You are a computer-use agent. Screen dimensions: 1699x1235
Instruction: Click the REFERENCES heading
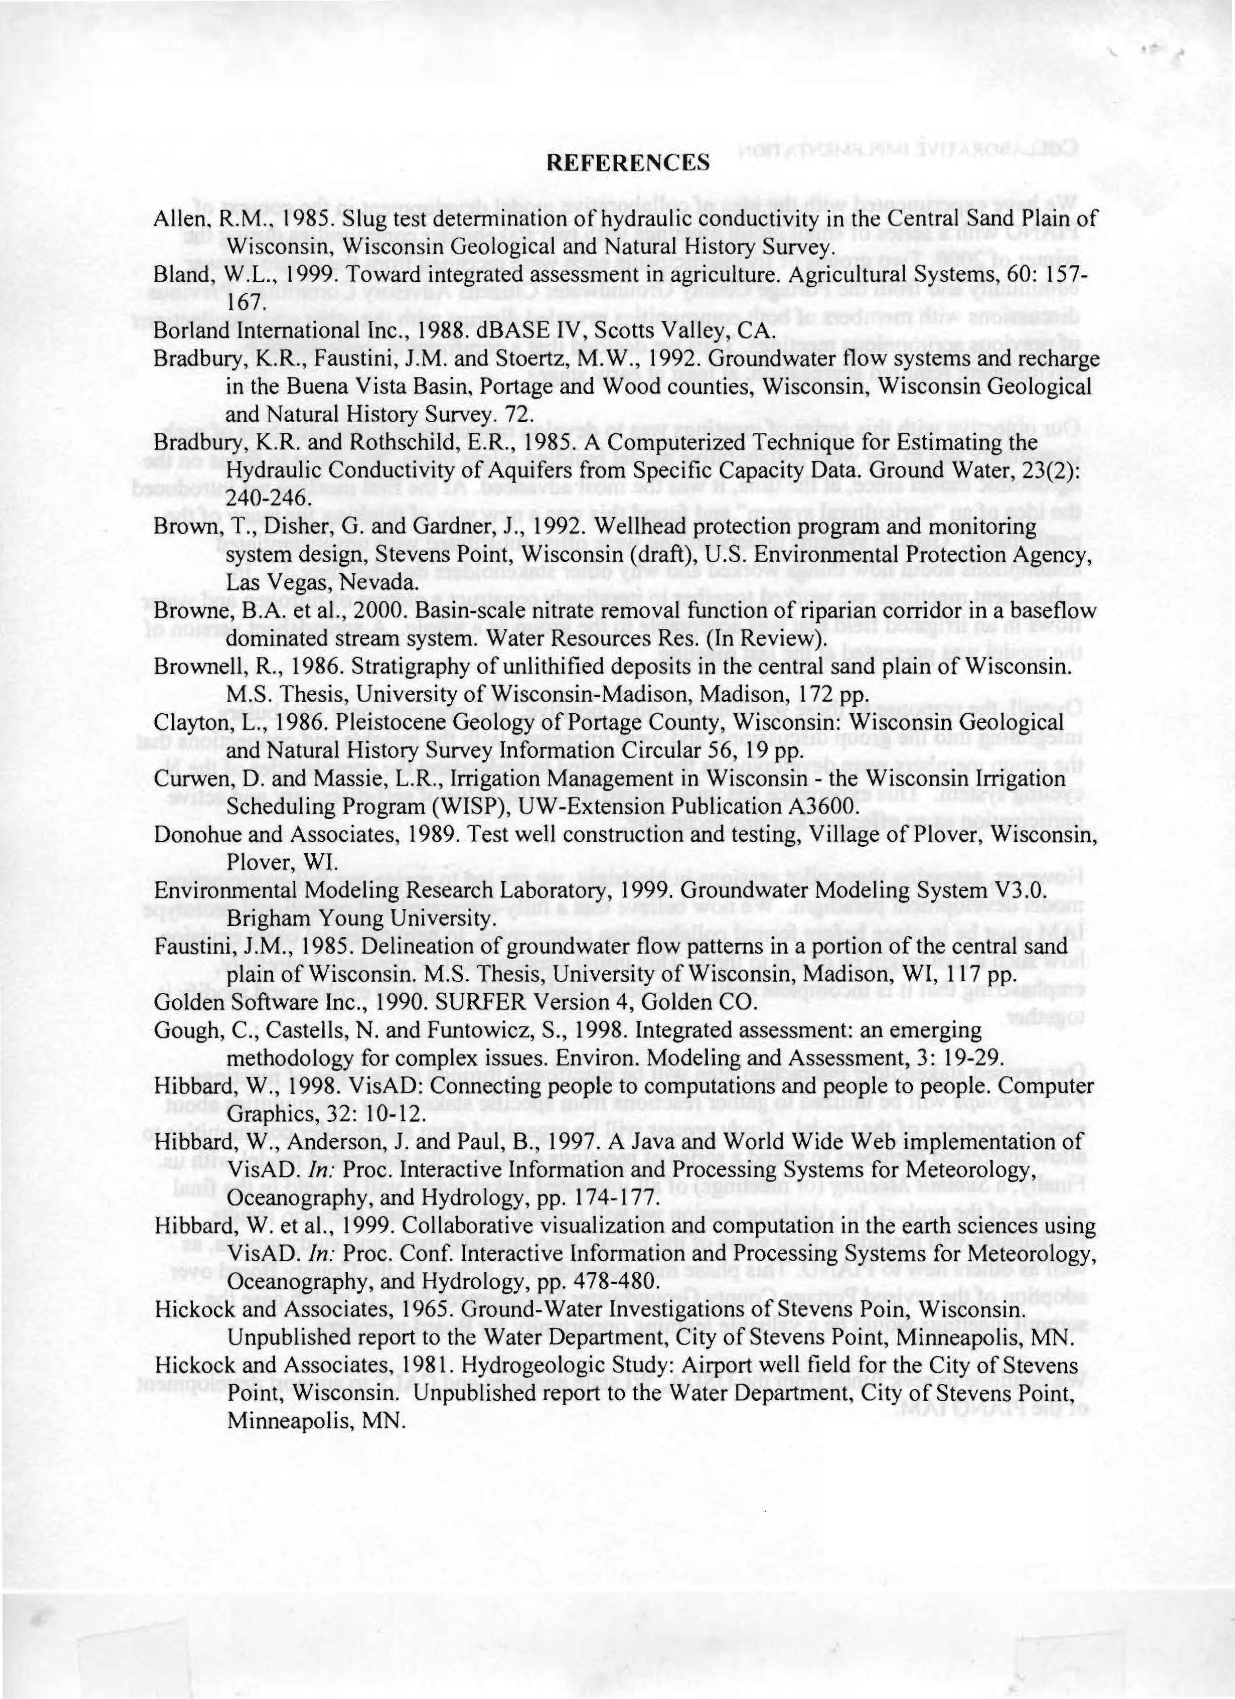coord(627,163)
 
